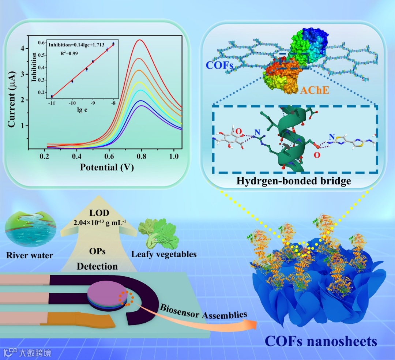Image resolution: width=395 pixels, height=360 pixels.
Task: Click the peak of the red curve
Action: (140, 40)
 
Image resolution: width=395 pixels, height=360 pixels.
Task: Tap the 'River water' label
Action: (30, 255)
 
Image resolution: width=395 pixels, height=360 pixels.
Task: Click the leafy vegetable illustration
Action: (158, 234)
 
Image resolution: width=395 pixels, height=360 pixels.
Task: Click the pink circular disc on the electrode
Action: (104, 292)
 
